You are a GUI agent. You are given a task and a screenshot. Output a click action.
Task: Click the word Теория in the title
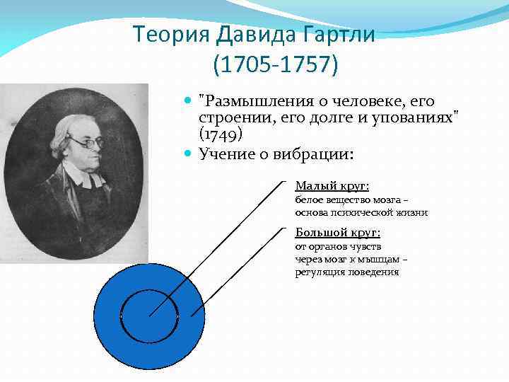point(163,33)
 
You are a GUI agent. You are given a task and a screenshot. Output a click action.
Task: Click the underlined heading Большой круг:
point(337,232)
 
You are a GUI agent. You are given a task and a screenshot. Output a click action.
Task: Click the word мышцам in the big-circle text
point(384,259)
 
